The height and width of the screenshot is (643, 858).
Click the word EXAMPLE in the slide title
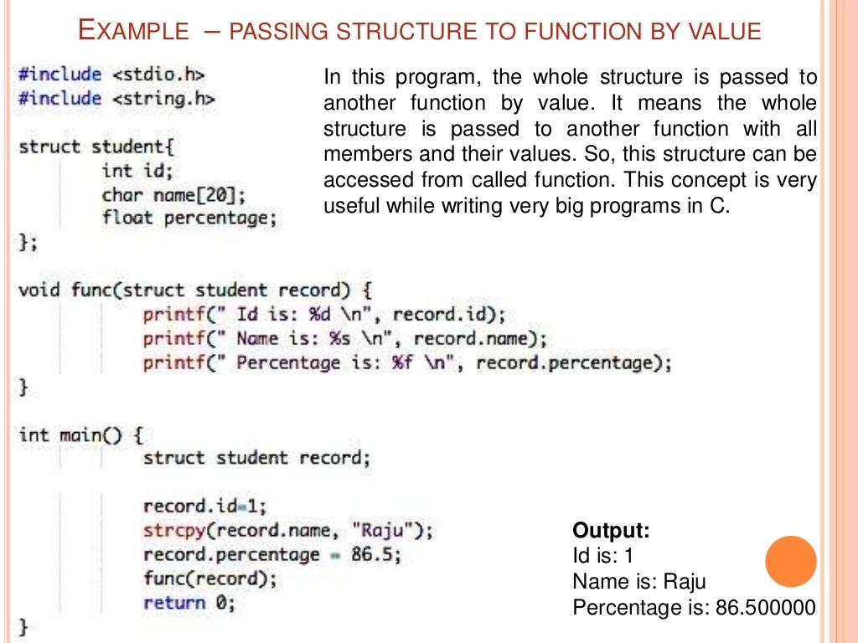tap(133, 32)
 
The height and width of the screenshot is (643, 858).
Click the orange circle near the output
tap(791, 561)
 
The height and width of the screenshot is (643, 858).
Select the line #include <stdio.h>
tap(111, 75)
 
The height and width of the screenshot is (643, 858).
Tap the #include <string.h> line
tap(116, 99)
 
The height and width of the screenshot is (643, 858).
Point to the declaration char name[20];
tap(173, 195)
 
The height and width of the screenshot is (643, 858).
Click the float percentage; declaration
tap(189, 219)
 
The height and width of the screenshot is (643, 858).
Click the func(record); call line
tap(209, 579)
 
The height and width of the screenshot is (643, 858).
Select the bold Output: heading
tap(611, 531)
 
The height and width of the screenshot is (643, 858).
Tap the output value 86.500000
tap(765, 608)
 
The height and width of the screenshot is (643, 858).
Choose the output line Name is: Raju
tap(639, 582)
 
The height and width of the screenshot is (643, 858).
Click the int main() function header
tap(81, 435)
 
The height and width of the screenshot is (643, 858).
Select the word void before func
tap(39, 291)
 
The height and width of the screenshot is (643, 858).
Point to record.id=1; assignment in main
tap(204, 506)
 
